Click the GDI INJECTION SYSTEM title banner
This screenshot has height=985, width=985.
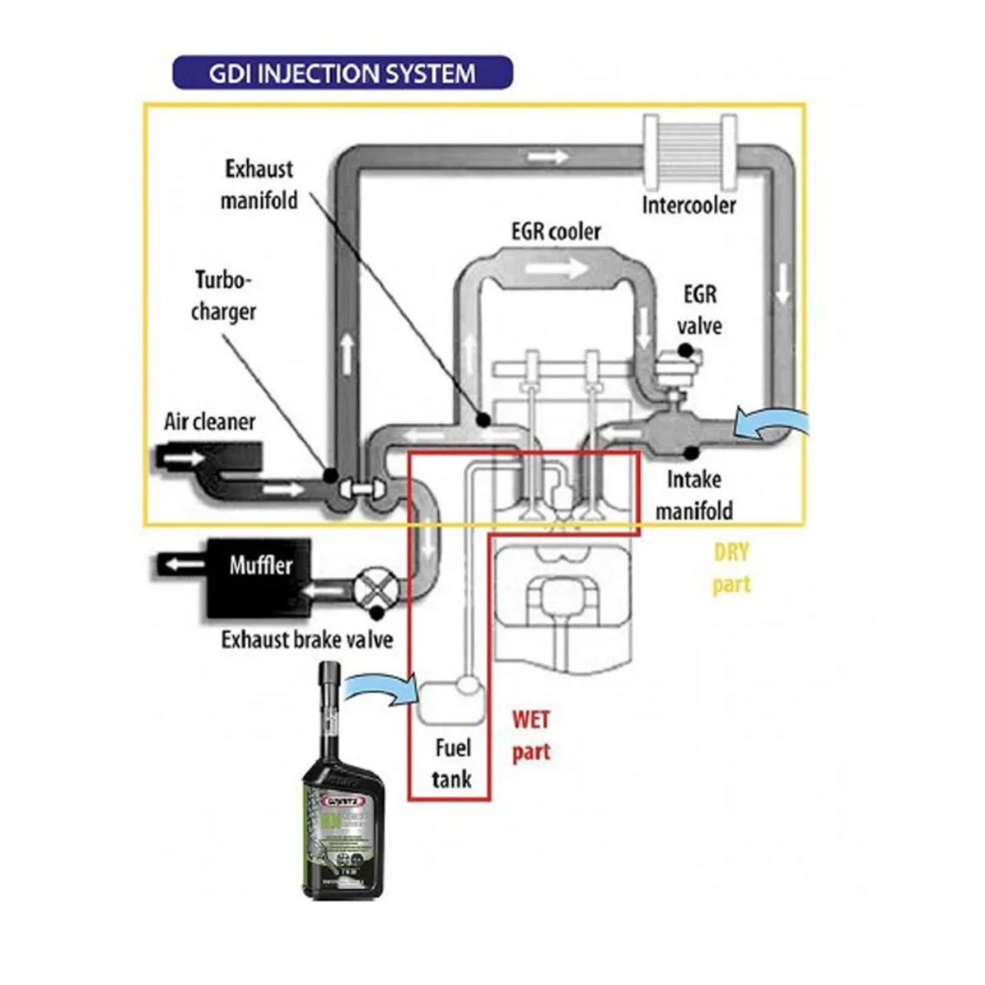pyautogui.click(x=342, y=72)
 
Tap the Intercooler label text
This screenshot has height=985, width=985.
pyautogui.click(x=689, y=204)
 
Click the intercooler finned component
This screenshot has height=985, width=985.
pyautogui.click(x=689, y=152)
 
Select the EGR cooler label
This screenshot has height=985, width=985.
pyautogui.click(x=556, y=231)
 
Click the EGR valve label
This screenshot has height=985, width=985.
pyautogui.click(x=699, y=309)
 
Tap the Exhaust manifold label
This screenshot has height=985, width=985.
pyautogui.click(x=259, y=185)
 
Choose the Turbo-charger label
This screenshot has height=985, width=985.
pyautogui.click(x=223, y=296)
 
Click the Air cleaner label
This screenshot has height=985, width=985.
pyautogui.click(x=209, y=422)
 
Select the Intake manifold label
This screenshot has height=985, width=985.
pyautogui.click(x=694, y=495)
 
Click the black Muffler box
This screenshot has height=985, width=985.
pyautogui.click(x=258, y=578)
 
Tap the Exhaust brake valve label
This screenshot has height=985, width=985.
pyautogui.click(x=307, y=639)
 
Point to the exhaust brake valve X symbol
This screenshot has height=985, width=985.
pyautogui.click(x=375, y=589)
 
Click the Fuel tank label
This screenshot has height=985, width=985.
pyautogui.click(x=452, y=763)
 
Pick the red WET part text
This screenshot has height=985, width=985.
pyautogui.click(x=531, y=735)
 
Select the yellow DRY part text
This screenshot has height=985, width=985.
pyautogui.click(x=731, y=568)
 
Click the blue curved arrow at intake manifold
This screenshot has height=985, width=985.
pyautogui.click(x=772, y=422)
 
